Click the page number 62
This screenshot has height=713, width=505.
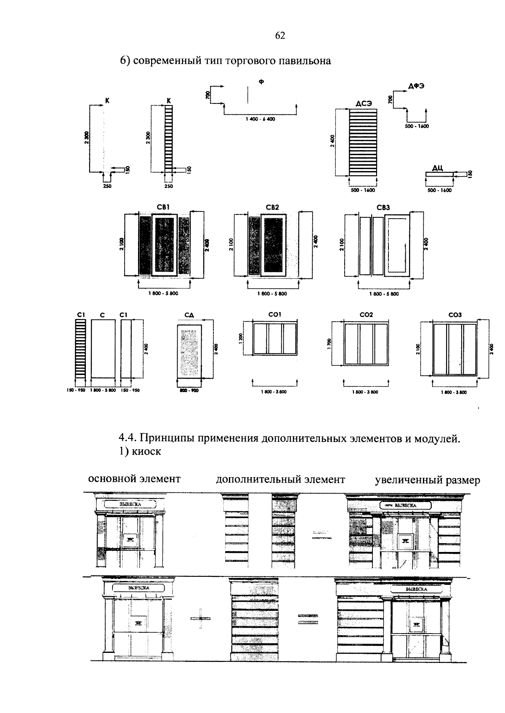[x=280, y=36]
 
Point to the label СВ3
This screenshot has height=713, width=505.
[x=383, y=207]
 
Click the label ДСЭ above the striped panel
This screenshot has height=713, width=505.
[x=363, y=103]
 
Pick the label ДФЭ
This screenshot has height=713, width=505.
[x=416, y=86]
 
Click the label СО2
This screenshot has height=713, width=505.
[x=366, y=314]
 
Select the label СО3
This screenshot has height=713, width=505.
[x=455, y=314]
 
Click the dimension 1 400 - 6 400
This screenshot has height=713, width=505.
[x=260, y=119]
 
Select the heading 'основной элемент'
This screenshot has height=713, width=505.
[x=134, y=478]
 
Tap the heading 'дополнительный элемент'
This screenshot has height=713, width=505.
[x=280, y=479]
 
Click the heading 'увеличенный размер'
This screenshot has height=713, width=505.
[x=427, y=480]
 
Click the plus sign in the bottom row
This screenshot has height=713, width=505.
[x=200, y=618]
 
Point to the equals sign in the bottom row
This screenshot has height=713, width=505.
[x=308, y=618]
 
